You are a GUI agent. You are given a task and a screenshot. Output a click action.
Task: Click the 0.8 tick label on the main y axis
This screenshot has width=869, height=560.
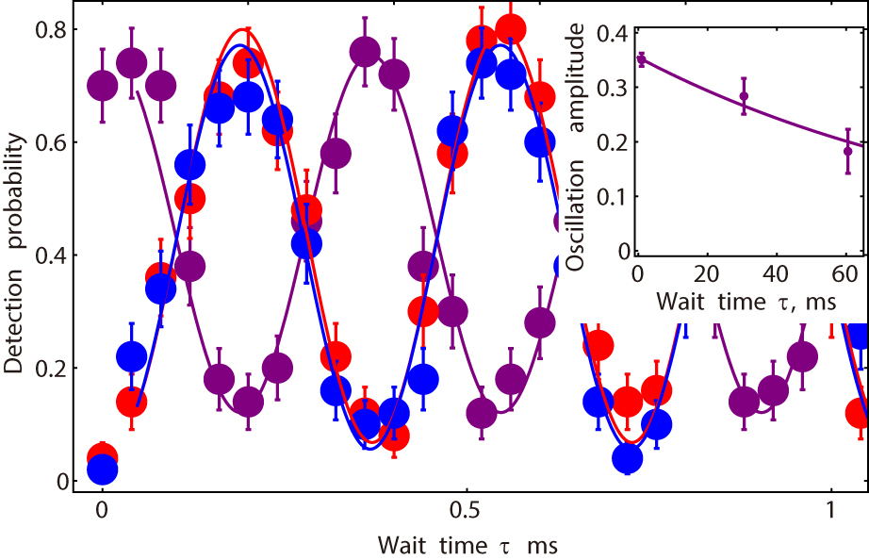[51, 30]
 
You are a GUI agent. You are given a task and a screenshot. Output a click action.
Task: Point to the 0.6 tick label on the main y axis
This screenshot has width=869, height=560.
[51, 143]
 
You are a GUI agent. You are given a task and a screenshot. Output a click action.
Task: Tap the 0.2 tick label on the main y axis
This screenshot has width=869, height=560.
[51, 369]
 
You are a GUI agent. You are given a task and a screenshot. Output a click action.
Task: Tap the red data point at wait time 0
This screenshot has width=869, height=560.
[102, 456]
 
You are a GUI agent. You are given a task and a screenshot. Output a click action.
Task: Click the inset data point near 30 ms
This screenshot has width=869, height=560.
[744, 96]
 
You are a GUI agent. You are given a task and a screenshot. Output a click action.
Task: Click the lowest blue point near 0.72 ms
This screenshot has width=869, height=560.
[628, 459]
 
